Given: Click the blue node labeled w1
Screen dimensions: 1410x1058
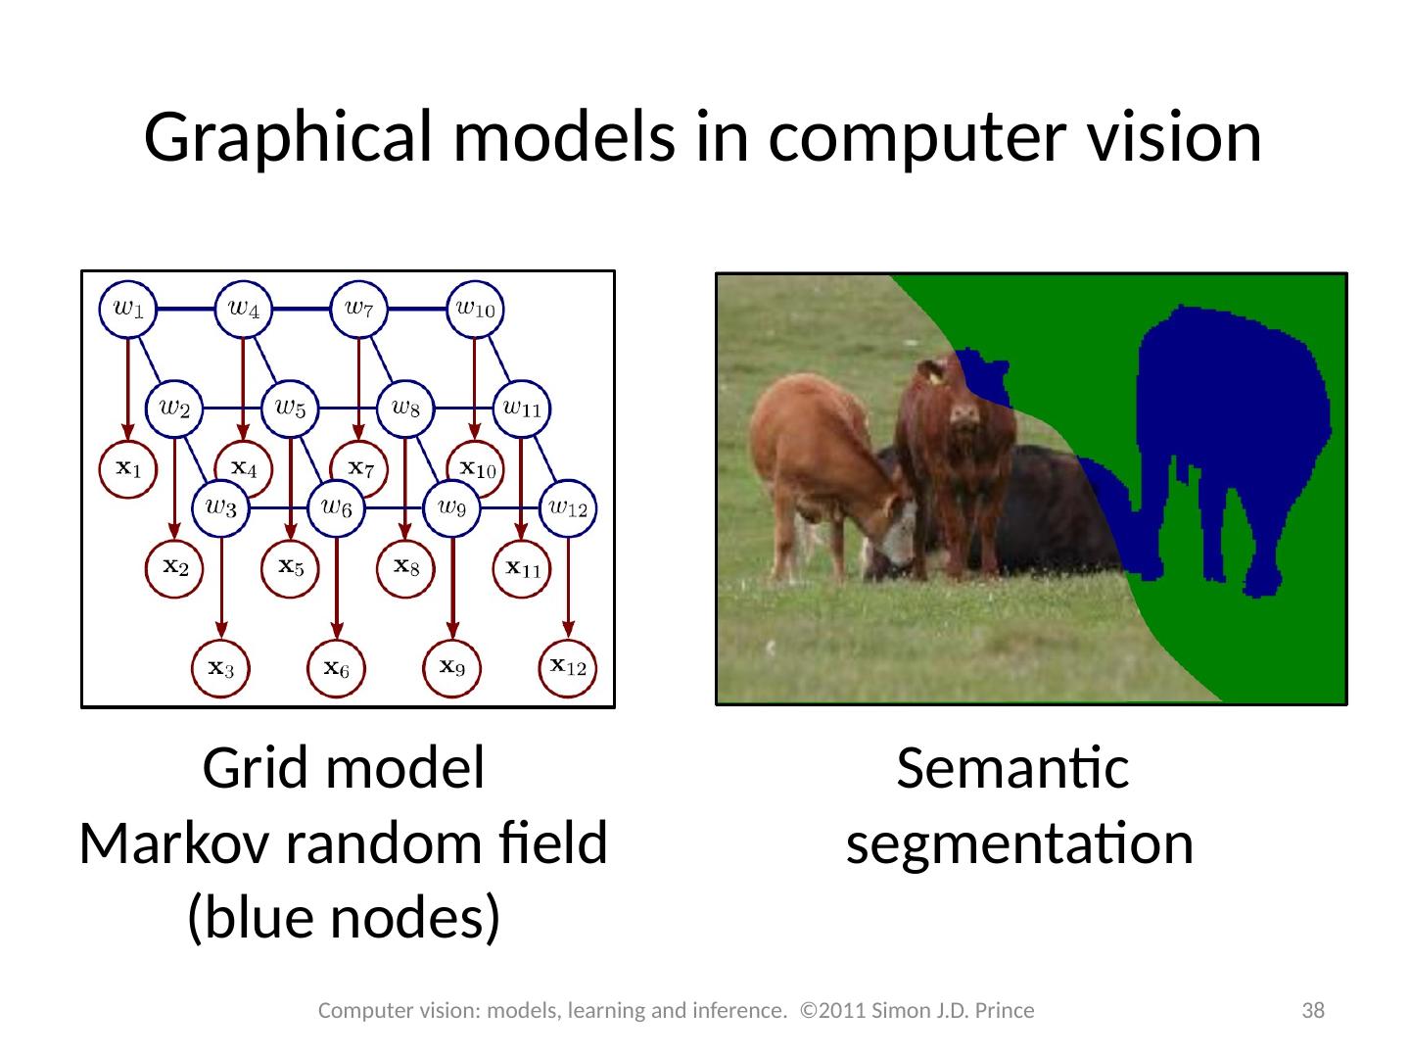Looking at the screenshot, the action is point(128,309).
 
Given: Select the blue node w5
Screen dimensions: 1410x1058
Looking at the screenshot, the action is point(291,407).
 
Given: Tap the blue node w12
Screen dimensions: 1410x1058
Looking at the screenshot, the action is point(566,507).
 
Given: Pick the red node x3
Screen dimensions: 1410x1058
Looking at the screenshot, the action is point(221,669).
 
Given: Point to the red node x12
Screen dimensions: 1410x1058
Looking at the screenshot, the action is point(568,667).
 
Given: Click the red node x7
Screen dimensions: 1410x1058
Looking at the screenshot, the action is point(360,470).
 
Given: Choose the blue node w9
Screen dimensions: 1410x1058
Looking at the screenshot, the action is point(451,507).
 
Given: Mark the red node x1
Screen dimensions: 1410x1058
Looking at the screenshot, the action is point(128,470).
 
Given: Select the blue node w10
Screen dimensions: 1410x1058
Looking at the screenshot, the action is point(476,309).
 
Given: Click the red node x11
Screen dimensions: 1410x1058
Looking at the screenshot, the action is point(522,567).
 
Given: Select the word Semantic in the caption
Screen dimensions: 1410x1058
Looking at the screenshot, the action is point(1013,770).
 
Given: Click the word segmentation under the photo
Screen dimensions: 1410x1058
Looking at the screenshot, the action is point(1019,843).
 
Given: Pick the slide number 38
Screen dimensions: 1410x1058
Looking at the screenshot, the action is point(1312,1010).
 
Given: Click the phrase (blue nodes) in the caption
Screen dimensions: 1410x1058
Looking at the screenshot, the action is point(344,917).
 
